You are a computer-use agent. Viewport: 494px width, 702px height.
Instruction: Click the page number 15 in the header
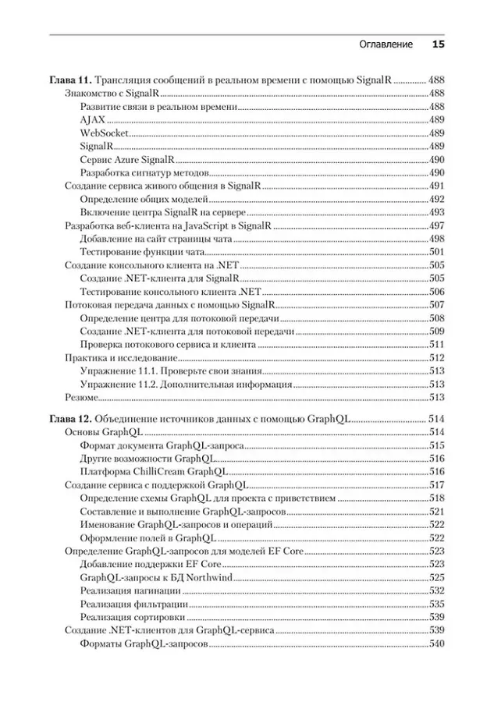438,44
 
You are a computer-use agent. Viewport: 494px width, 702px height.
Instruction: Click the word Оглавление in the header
386,44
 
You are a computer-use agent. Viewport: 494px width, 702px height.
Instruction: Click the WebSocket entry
105,133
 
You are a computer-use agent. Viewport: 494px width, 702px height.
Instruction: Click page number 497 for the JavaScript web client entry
436,225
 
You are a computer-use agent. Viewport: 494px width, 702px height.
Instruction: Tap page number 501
436,252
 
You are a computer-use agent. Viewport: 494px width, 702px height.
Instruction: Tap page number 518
436,498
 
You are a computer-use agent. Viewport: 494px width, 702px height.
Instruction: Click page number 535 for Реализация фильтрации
436,604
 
